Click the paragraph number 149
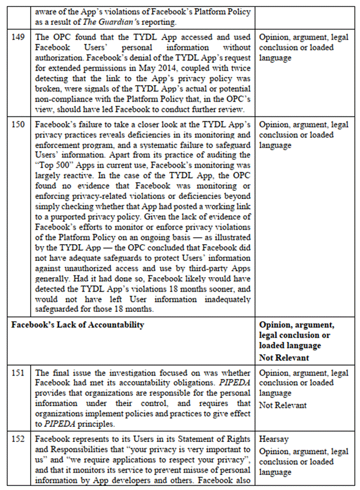pos(19,38)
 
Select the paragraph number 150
pos(19,125)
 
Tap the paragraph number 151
pos(19,374)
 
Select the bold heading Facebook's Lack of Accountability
pos(78,325)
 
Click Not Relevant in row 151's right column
pos(283,405)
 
